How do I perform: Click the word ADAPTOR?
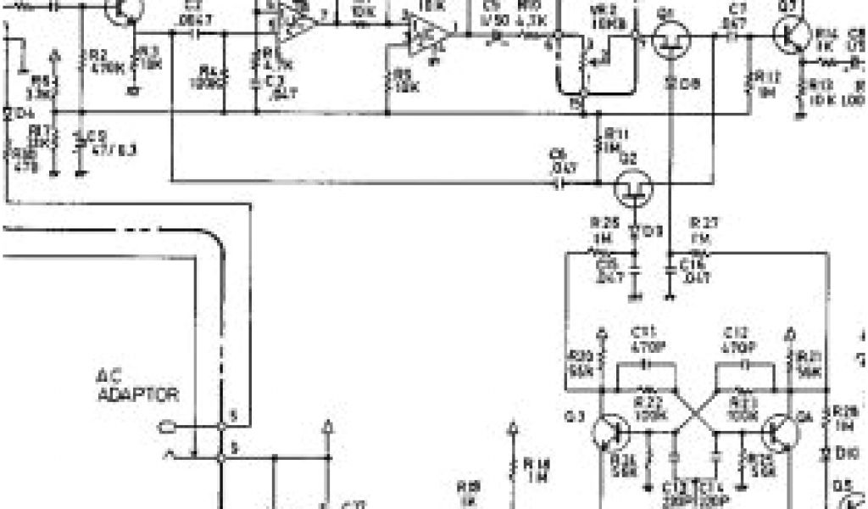click(138, 394)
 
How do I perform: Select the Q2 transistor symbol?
click(632, 188)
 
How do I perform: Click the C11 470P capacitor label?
click(647, 340)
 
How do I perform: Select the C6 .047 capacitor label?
click(560, 160)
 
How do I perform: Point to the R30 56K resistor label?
click(581, 362)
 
